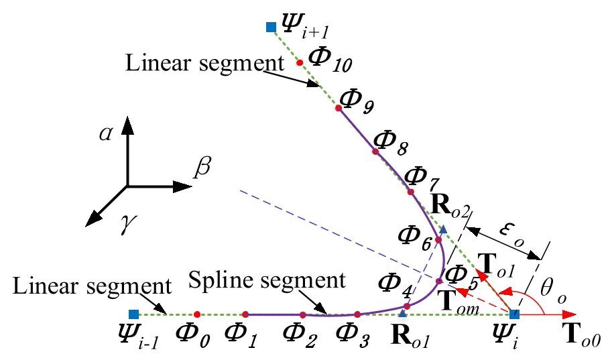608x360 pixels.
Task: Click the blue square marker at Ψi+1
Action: [271, 27]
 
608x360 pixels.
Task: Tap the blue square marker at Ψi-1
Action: [133, 314]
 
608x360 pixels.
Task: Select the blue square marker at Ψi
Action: [514, 314]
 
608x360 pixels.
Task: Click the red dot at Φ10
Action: [300, 62]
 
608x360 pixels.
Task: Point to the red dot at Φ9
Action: [339, 107]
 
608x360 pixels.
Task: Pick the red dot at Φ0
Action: [196, 314]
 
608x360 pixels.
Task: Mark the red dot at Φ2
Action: [303, 314]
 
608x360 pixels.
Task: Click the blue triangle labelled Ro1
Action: [402, 313]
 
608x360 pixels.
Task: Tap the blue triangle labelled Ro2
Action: [443, 230]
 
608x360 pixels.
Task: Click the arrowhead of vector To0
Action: [570, 314]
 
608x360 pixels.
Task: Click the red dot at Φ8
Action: [375, 152]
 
